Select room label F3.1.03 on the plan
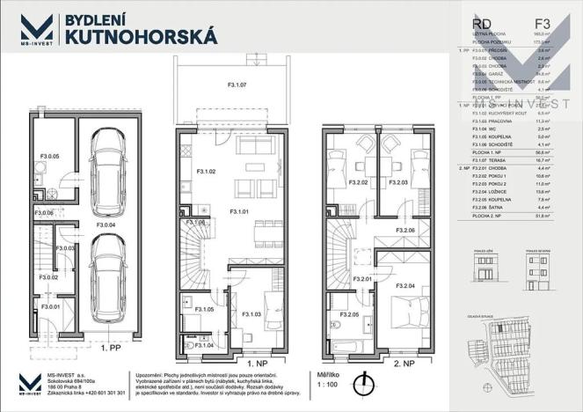click(x=251, y=313)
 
